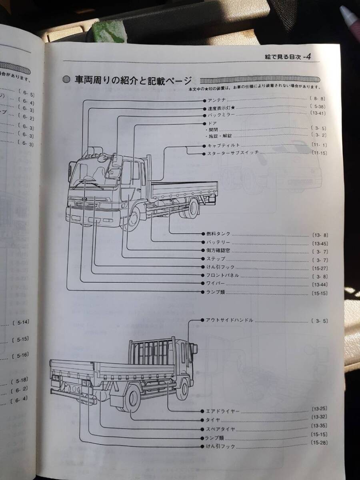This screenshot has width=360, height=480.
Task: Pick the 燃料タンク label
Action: click(218, 234)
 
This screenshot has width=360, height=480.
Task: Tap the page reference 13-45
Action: click(320, 243)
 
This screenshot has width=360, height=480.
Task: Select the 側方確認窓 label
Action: click(218, 251)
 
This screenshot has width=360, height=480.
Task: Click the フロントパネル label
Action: click(223, 275)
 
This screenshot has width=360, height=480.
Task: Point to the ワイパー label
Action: click(216, 283)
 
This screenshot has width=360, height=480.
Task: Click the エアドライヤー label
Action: click(222, 411)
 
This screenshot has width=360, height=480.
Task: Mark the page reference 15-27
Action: click(320, 267)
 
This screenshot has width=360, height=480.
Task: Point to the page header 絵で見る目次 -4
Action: click(288, 57)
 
